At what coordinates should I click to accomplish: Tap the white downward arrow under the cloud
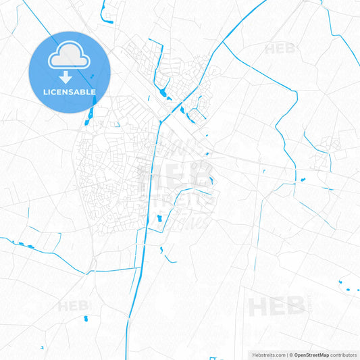point(70,77)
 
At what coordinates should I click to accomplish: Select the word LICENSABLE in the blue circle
point(70,92)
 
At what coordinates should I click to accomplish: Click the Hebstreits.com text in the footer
point(268,355)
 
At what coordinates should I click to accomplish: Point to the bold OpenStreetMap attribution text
point(311,355)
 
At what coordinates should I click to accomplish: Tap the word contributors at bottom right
point(344,355)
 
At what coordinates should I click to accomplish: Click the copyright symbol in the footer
point(290,355)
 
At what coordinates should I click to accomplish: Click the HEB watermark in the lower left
point(74,306)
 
